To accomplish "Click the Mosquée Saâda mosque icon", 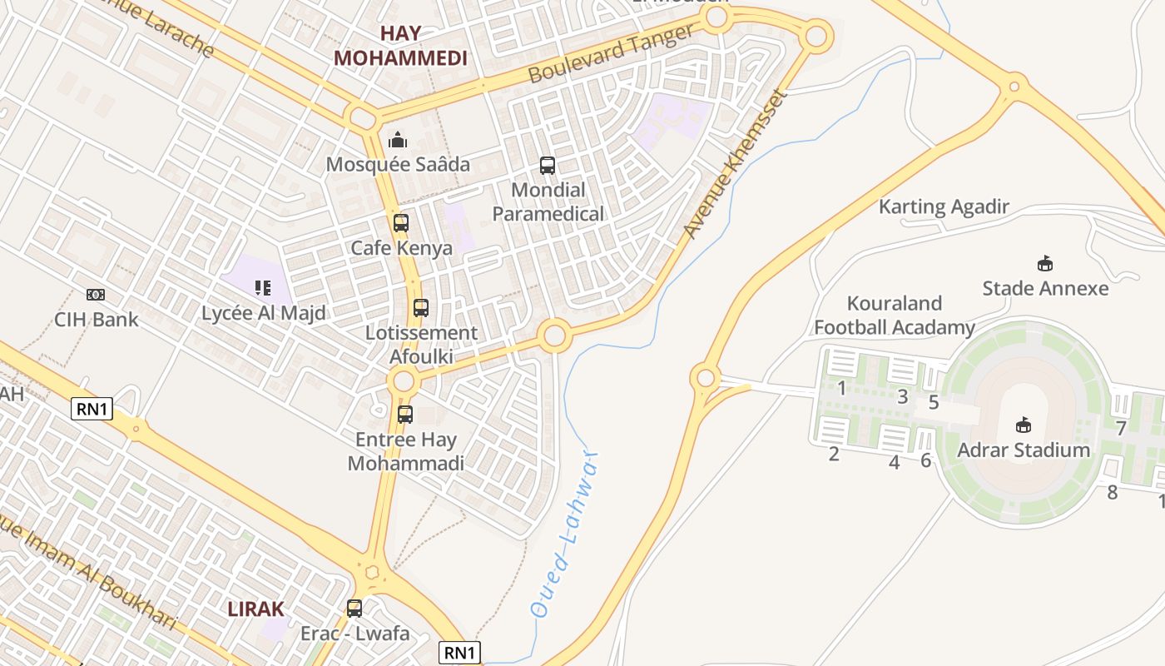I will click(398, 140).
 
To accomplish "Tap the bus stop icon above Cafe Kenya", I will click(401, 223).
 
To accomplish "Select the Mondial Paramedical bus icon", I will click(547, 165).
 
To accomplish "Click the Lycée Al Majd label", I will click(264, 313).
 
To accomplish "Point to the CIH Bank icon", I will click(96, 295).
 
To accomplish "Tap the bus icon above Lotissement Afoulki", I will click(421, 308).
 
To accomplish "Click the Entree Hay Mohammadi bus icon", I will click(405, 414).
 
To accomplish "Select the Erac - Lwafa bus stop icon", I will click(354, 609).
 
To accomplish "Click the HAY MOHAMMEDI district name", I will click(400, 46).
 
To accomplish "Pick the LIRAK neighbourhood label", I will click(255, 609).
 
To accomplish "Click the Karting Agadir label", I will click(944, 206).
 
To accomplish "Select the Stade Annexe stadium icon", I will click(1045, 264).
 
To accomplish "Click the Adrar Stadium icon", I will click(1024, 425).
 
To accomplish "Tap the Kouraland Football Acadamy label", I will click(894, 316).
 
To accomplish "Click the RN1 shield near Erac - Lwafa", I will click(459, 653).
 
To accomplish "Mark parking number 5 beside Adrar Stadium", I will click(934, 403).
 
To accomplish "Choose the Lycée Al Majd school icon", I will click(263, 288).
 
